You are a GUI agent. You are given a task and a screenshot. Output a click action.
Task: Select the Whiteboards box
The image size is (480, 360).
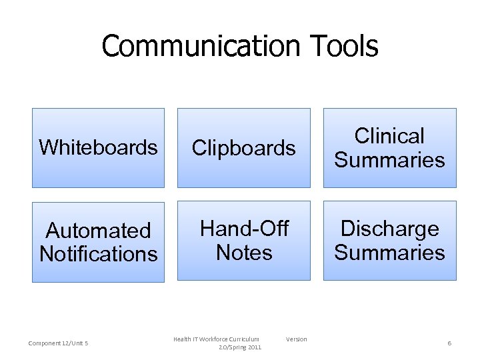tap(98, 147)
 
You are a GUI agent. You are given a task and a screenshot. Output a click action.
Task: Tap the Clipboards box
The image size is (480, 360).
tap(243, 147)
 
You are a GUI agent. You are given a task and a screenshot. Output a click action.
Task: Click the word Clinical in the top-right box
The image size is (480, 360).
tap(389, 136)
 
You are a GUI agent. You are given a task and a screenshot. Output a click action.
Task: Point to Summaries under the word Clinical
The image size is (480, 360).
tap(389, 160)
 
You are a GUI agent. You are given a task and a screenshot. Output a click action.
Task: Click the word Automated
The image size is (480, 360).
tap(98, 231)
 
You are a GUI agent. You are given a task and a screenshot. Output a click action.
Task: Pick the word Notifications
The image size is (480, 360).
tap(98, 254)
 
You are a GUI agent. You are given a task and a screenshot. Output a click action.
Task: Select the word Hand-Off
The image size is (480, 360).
tap(244, 229)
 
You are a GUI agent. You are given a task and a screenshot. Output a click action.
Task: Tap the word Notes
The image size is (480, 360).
tap(244, 253)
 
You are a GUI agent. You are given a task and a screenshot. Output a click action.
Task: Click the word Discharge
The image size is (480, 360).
tap(389, 229)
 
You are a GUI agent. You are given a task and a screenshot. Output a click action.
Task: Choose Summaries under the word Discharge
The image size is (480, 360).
tap(389, 253)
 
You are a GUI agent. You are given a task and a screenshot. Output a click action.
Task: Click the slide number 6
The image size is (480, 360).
tap(449, 343)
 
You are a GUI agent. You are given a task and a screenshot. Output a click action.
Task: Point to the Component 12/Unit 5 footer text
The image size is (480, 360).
tap(59, 343)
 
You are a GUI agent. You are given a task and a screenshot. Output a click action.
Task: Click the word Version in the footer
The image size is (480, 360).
tap(297, 339)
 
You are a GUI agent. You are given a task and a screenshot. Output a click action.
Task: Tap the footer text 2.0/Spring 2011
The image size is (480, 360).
tap(240, 347)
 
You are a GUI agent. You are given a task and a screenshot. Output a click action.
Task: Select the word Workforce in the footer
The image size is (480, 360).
tap(213, 339)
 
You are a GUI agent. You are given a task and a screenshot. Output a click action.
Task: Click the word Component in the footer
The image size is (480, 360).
tap(43, 343)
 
